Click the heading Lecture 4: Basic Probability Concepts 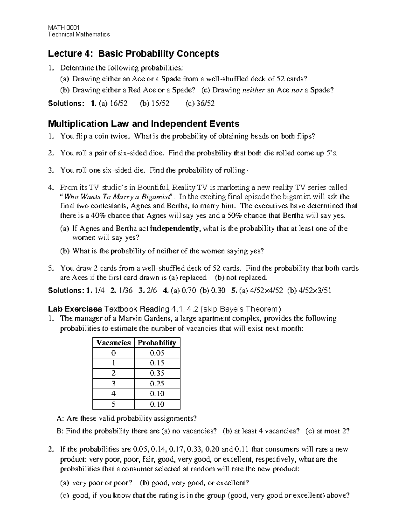tap(133, 53)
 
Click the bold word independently tap(174, 229)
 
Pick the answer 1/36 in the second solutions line tap(125, 291)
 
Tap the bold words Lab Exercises tap(75, 309)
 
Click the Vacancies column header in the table tap(113, 343)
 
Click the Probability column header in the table tap(157, 343)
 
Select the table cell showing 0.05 tap(157, 353)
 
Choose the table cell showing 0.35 tap(157, 373)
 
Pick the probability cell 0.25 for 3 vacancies tap(157, 384)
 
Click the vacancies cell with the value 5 tap(113, 404)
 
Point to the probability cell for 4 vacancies tap(157, 394)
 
